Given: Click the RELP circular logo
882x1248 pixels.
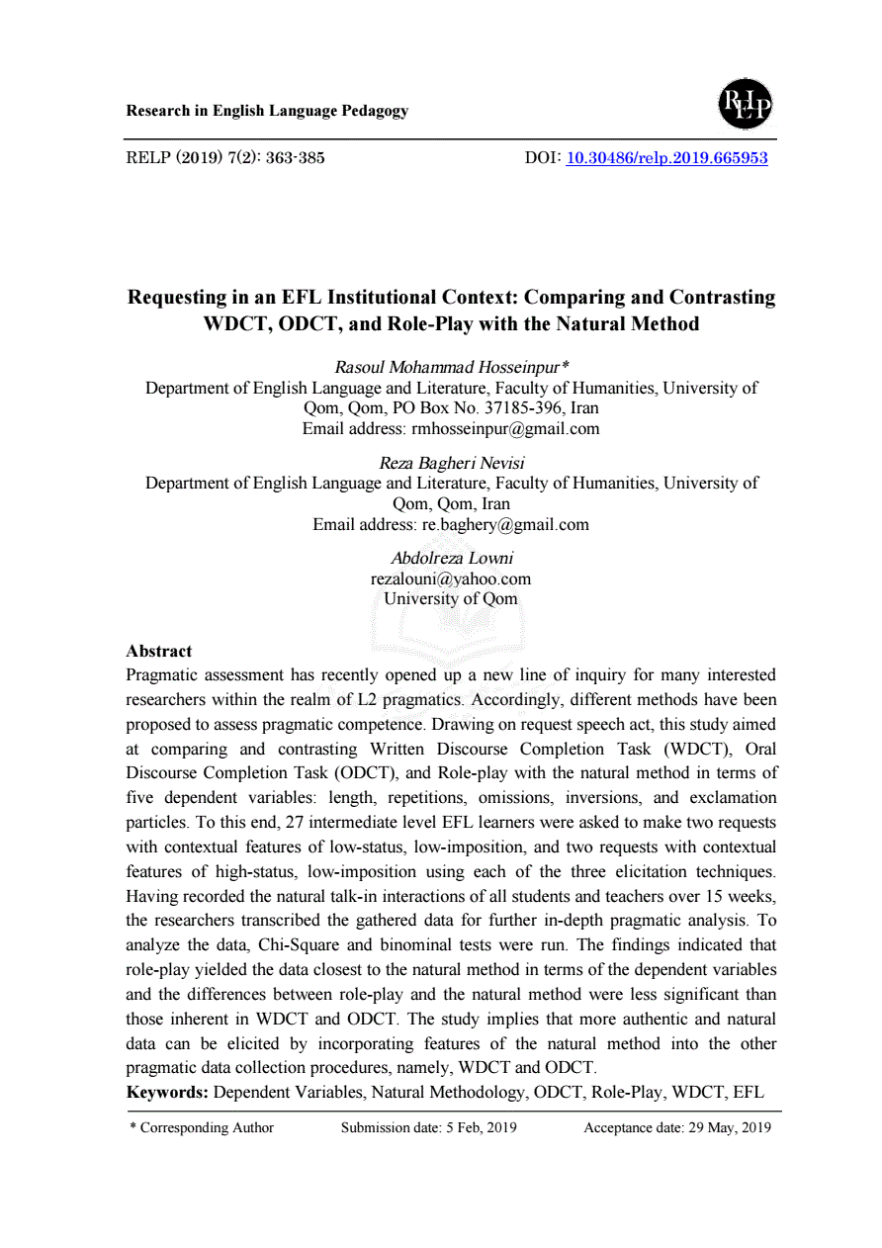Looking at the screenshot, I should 745,104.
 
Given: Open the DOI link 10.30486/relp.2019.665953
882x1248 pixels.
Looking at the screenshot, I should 666,157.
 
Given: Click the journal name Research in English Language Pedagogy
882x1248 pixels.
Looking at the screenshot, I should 267,111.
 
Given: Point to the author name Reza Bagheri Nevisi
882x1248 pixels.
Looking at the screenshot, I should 452,462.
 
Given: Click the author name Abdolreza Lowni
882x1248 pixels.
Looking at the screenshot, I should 452,558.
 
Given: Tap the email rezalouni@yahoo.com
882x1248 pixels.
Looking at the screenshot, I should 451,579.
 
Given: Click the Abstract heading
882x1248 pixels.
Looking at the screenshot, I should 159,651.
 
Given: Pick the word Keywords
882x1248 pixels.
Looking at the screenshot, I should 166,1093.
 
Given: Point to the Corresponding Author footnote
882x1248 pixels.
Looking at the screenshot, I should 203,1127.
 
